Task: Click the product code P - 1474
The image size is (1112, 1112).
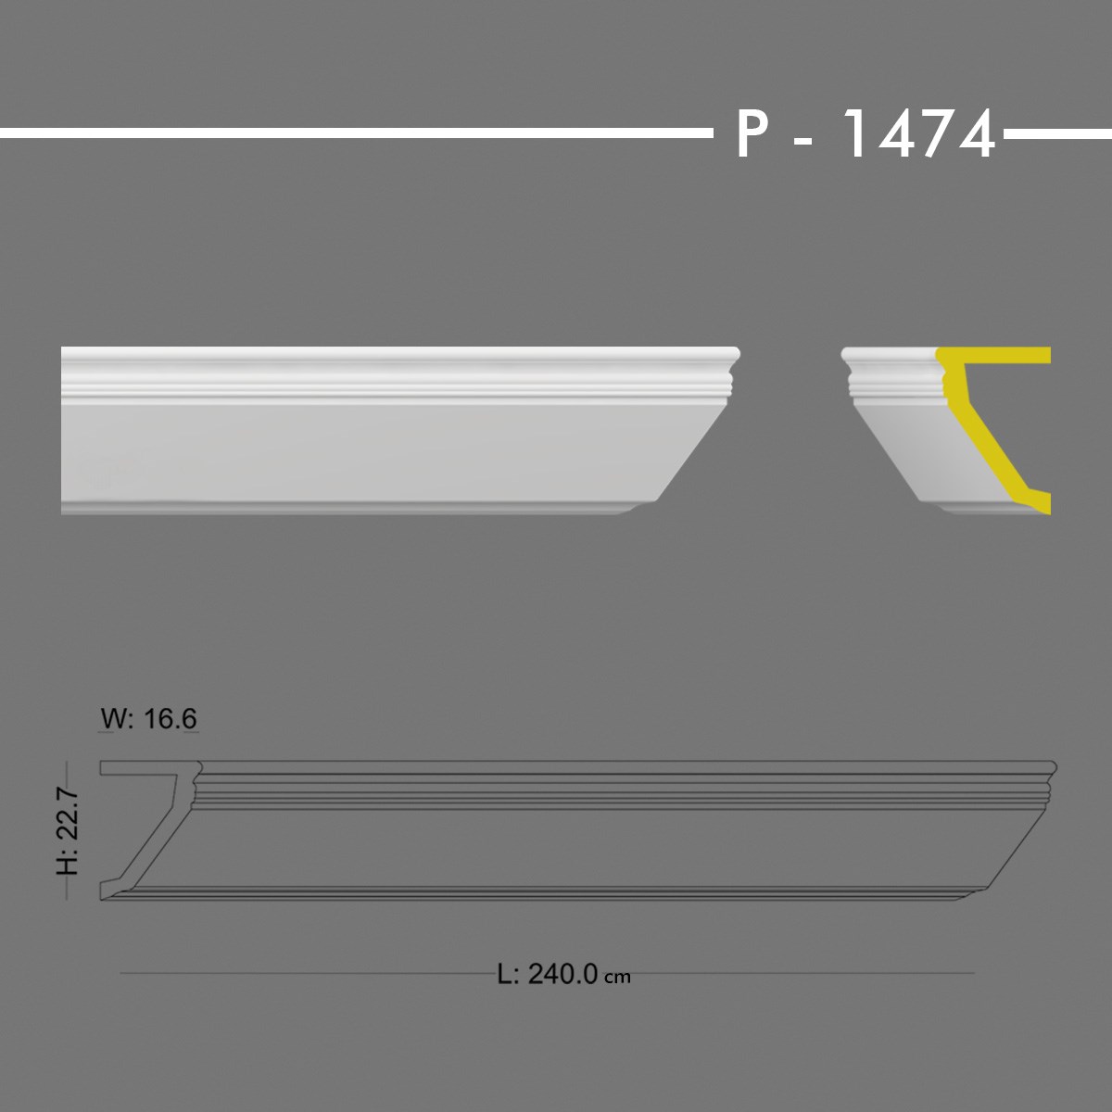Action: pyautogui.click(x=866, y=135)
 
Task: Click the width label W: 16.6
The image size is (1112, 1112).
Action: pyautogui.click(x=148, y=718)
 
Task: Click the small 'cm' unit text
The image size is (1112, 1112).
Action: pyautogui.click(x=617, y=977)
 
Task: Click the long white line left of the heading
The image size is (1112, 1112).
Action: pyautogui.click(x=352, y=133)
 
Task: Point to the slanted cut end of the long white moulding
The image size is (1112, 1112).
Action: pyautogui.click(x=695, y=445)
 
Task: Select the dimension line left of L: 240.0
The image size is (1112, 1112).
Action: pyautogui.click(x=306, y=974)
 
